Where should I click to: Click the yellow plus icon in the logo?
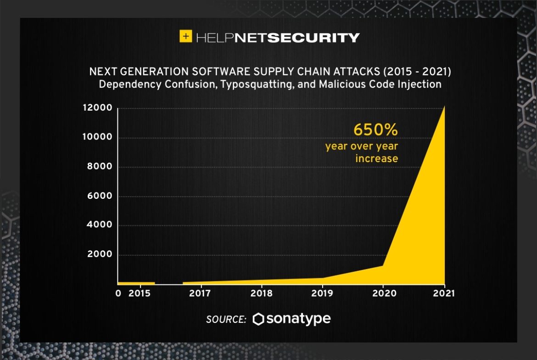click(x=185, y=37)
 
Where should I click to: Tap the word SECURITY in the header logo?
click(x=313, y=38)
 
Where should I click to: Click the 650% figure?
click(x=375, y=130)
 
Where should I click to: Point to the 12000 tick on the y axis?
click(x=97, y=108)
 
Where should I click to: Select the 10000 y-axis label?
click(x=97, y=137)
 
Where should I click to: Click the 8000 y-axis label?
click(x=100, y=167)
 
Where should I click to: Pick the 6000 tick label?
click(x=100, y=196)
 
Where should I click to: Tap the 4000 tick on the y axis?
click(x=100, y=225)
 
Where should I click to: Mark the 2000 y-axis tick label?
click(x=100, y=254)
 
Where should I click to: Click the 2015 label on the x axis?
click(x=139, y=293)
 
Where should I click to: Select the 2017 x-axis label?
click(x=200, y=293)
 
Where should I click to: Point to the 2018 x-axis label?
click(x=262, y=293)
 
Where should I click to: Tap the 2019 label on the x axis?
click(x=323, y=293)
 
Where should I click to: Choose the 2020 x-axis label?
click(x=383, y=293)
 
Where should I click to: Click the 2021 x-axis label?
click(x=443, y=293)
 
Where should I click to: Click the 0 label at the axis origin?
click(x=118, y=293)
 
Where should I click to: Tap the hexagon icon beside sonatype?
click(x=259, y=319)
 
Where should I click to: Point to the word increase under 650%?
click(x=376, y=158)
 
